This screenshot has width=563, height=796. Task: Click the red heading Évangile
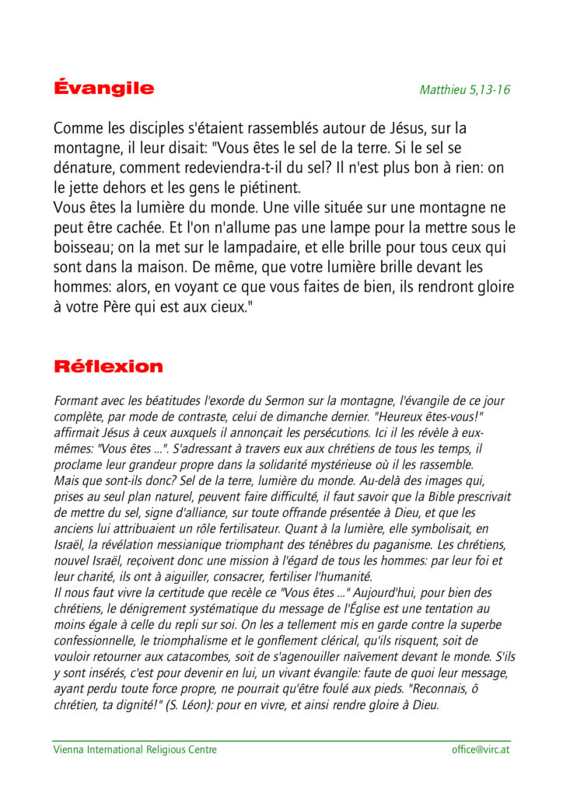103,88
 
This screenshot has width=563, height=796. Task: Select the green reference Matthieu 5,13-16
465,89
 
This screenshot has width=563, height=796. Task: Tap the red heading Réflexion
108,366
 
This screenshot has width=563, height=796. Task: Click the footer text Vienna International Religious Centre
135,749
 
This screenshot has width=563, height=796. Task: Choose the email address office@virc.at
481,749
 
